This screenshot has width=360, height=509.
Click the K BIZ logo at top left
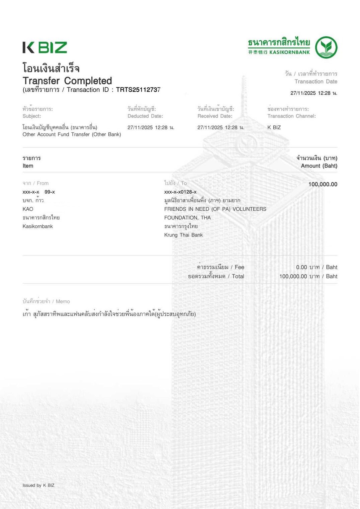click(45, 47)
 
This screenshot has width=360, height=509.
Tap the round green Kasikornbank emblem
click(326, 47)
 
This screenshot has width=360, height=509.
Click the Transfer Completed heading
click(67, 81)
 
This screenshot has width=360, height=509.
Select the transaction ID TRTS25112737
click(138, 90)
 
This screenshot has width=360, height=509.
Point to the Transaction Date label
click(316, 82)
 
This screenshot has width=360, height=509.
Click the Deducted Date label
click(145, 116)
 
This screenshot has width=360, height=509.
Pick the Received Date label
click(215, 116)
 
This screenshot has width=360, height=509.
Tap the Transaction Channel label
click(291, 116)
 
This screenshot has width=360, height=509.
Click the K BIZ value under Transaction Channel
click(274, 127)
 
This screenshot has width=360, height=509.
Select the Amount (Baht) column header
click(319, 166)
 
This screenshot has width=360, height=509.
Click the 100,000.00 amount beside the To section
click(323, 184)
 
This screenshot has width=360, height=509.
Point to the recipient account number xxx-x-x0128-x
click(180, 192)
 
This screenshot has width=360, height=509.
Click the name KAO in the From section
click(28, 209)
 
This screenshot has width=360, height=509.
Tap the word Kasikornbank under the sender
click(38, 226)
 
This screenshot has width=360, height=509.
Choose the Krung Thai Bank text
click(183, 235)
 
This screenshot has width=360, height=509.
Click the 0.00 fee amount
click(301, 267)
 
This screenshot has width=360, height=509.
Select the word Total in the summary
click(238, 276)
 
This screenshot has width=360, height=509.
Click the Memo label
click(63, 301)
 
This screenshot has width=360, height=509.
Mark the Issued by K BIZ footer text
click(38, 485)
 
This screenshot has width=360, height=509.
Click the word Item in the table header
click(28, 166)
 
